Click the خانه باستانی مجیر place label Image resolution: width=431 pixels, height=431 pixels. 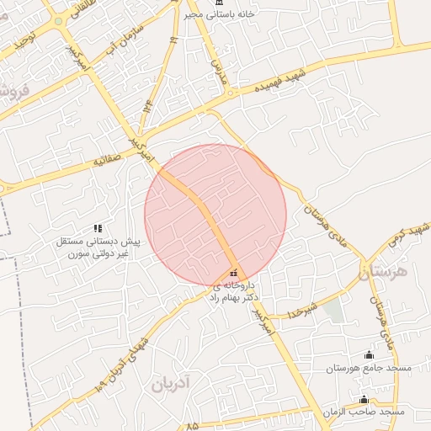(237, 14)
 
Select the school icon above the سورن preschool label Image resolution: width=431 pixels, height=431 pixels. (98, 228)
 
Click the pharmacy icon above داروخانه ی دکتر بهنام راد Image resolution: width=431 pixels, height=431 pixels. (233, 273)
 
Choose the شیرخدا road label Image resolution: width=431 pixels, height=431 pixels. (301, 308)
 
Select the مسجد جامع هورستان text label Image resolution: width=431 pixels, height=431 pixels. (368, 369)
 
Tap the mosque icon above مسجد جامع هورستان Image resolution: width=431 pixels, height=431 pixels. (368, 354)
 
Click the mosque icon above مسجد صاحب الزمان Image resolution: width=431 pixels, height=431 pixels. (364, 399)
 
